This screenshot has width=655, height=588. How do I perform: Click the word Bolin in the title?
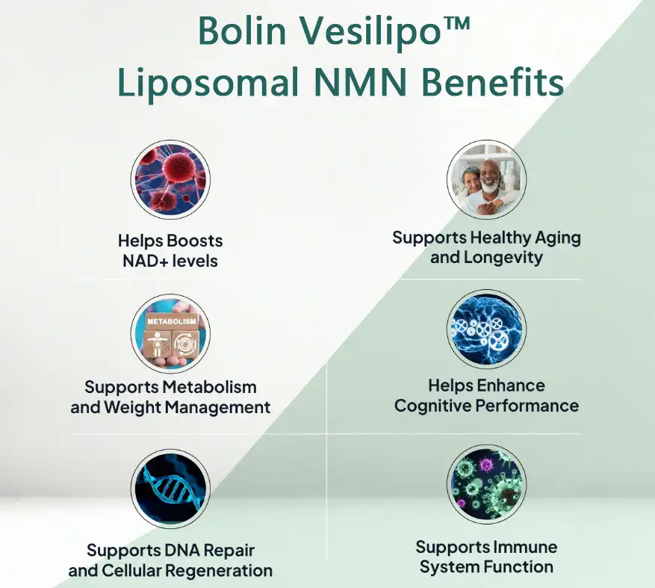pyautogui.click(x=235, y=32)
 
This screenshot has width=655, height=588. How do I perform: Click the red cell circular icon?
pyautogui.click(x=170, y=180)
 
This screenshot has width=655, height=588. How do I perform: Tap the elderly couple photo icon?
pyautogui.click(x=486, y=180)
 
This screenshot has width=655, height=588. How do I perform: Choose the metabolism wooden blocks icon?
pyautogui.click(x=170, y=332)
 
